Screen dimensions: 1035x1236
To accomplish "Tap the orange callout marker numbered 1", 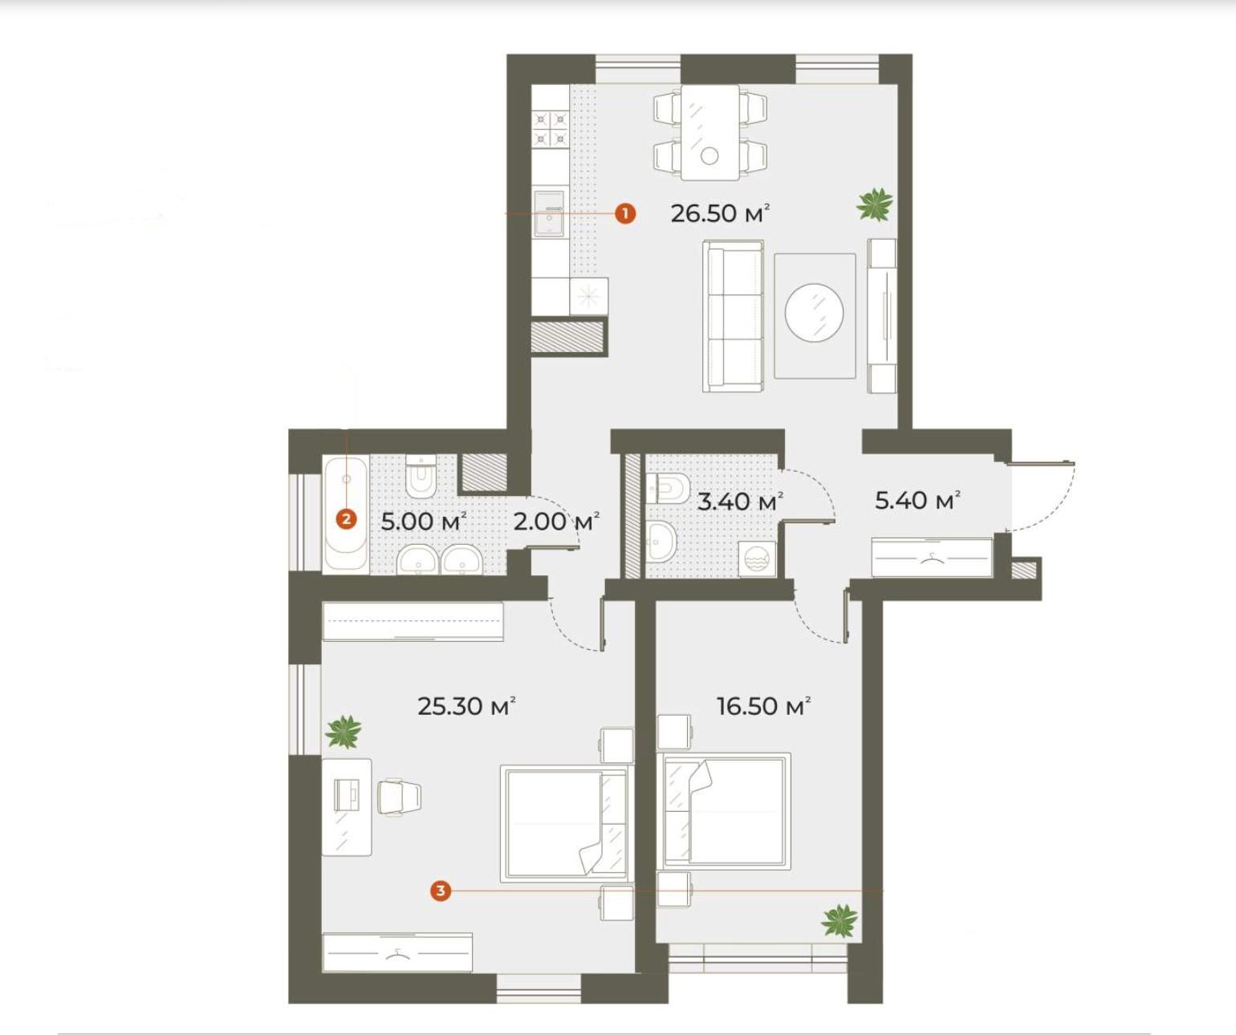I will (x=625, y=213).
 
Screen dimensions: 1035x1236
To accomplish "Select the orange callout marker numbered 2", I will (x=346, y=519).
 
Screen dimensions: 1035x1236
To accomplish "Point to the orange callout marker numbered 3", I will (x=440, y=891).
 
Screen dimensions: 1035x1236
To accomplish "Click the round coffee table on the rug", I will (x=814, y=313).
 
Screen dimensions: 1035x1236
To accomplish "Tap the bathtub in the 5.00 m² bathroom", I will (x=346, y=513).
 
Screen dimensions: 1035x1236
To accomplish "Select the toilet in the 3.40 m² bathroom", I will (x=668, y=487).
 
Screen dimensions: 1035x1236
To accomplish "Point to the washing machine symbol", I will (x=758, y=558).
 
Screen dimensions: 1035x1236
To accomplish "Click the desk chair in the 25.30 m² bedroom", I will (x=399, y=798).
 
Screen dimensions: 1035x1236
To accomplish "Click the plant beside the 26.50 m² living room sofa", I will (x=874, y=204).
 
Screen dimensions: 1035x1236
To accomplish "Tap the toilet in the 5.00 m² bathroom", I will (x=421, y=477).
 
